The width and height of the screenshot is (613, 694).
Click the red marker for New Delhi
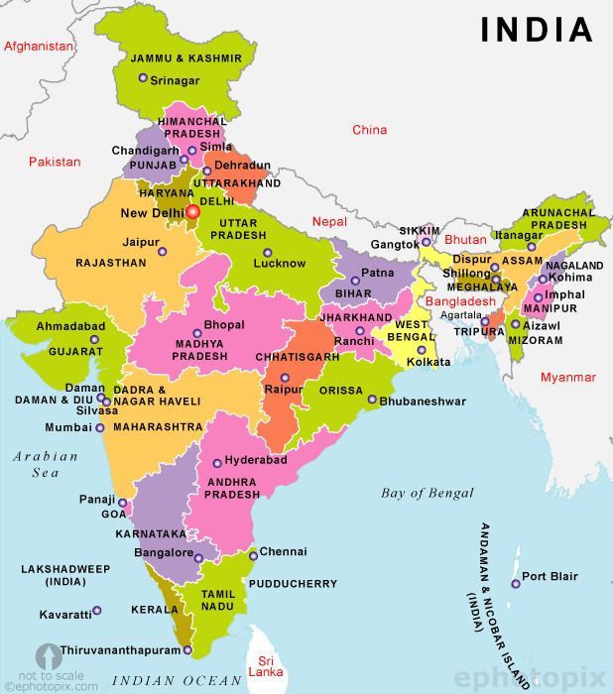pyautogui.click(x=192, y=210)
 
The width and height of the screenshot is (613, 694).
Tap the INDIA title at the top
pyautogui.click(x=537, y=30)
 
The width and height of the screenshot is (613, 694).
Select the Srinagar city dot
pyautogui.click(x=143, y=78)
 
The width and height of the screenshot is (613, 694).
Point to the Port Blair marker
pyautogui.click(x=515, y=583)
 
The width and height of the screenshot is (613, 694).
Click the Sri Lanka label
pyautogui.click(x=265, y=665)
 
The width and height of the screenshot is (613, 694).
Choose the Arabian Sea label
pyautogui.click(x=46, y=465)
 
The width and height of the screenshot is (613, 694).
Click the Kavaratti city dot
pyautogui.click(x=97, y=611)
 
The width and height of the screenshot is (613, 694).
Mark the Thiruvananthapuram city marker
pyautogui.click(x=187, y=650)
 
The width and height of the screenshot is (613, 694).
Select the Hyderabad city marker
pyautogui.click(x=217, y=463)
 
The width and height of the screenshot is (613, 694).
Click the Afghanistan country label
pyautogui.click(x=40, y=47)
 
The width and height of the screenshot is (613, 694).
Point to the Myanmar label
pyautogui.click(x=568, y=378)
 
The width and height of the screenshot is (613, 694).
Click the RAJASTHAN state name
pyautogui.click(x=111, y=264)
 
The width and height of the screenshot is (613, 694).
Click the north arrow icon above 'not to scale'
pyautogui.click(x=46, y=656)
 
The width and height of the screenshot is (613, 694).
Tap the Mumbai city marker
pyautogui.click(x=100, y=428)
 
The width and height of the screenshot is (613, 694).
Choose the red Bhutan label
pyautogui.click(x=465, y=241)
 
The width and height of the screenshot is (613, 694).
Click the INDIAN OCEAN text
pyautogui.click(x=177, y=680)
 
